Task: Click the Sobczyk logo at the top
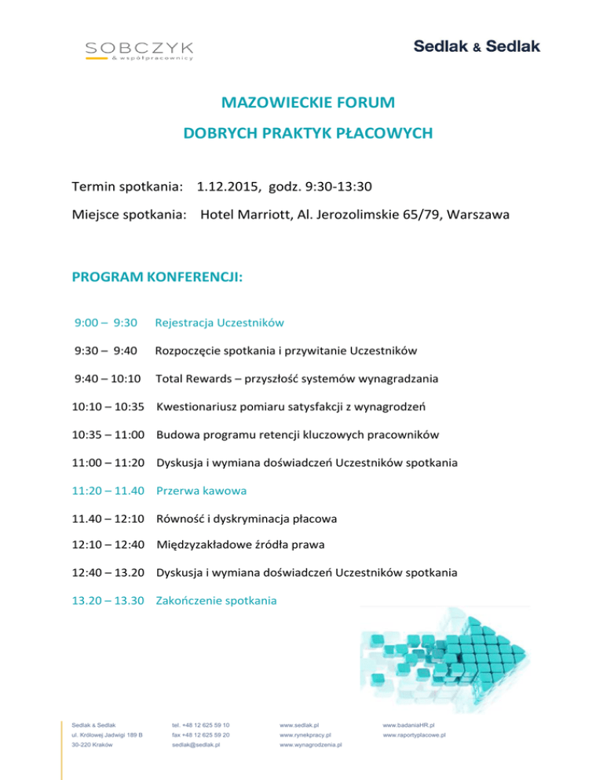click(140, 51)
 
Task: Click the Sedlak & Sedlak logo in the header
click(477, 47)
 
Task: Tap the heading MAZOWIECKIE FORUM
click(307, 103)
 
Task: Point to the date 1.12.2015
click(228, 188)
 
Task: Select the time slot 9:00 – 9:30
click(106, 322)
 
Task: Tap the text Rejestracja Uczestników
click(219, 322)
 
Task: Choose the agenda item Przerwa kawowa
click(202, 490)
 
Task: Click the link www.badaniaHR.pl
click(409, 726)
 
